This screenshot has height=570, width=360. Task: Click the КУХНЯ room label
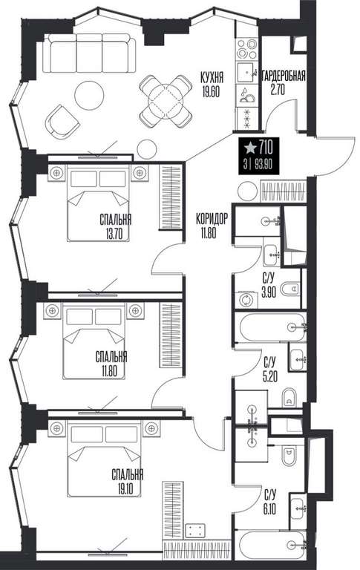[x=212, y=77]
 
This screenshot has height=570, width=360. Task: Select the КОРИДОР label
[x=212, y=219]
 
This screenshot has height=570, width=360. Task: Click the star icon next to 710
[x=250, y=148]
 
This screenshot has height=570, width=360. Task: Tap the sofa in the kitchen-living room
[x=90, y=53]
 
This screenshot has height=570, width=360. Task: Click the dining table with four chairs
[x=166, y=101]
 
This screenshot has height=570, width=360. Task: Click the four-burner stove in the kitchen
[x=246, y=49]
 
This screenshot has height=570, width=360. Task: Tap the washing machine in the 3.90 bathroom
[x=246, y=300]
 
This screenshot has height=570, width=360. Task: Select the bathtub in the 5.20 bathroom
[x=271, y=327]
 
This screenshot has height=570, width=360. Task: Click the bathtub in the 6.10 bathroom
[x=271, y=544]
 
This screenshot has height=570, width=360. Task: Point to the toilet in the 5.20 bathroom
[x=289, y=399]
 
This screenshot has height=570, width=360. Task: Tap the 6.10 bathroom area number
[x=270, y=510]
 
